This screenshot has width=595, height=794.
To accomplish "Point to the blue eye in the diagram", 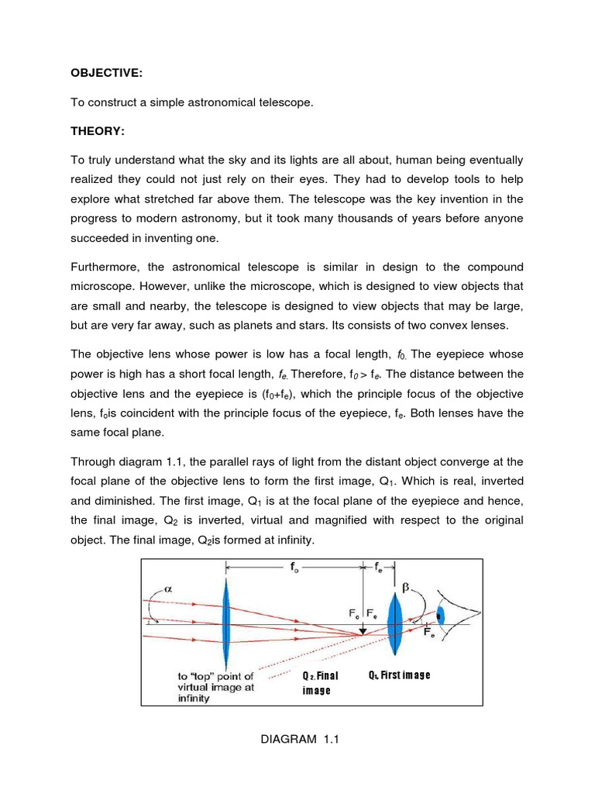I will [440, 617].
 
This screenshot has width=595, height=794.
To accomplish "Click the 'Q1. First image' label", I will [399, 675].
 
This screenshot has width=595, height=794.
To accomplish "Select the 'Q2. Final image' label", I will [321, 682].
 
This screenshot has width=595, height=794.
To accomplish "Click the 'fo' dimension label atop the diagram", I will [295, 567].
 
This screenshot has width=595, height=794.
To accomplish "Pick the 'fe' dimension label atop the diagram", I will [379, 567].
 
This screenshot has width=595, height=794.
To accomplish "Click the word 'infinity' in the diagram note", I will [196, 698].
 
